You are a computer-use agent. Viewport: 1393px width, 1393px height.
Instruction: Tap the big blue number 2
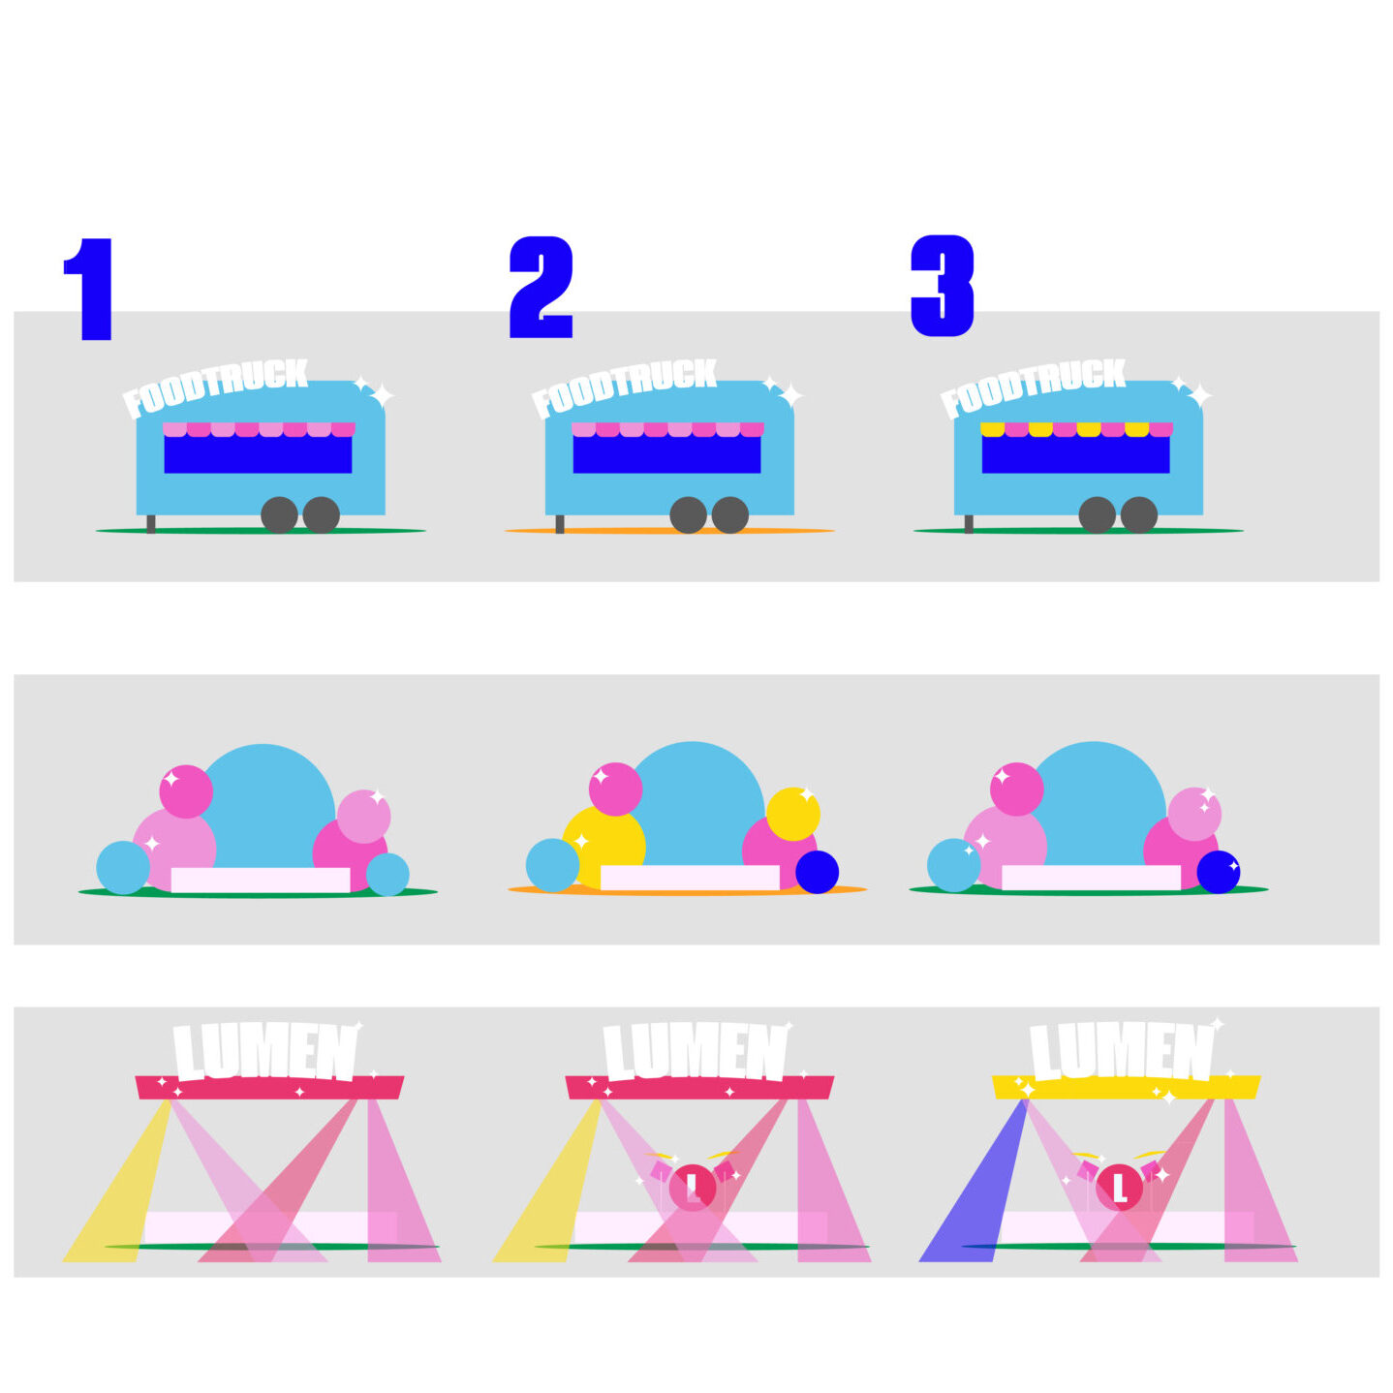click(541, 287)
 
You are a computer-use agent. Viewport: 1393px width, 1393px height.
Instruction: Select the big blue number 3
click(943, 287)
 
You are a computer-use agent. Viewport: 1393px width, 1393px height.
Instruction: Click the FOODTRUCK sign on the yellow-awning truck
click(1034, 387)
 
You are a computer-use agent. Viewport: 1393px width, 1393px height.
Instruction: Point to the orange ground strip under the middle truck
click(669, 531)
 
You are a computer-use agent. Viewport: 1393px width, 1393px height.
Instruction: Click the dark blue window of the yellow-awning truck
click(1075, 453)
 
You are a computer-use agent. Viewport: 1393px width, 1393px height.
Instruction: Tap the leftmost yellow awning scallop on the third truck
click(993, 429)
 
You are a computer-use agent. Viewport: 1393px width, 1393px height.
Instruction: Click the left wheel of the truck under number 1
click(280, 515)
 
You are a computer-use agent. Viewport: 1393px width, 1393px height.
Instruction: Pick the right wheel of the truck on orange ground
click(730, 515)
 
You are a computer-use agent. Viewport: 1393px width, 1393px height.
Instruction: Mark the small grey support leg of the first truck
click(151, 524)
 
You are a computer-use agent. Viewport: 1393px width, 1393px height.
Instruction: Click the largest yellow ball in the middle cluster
click(604, 848)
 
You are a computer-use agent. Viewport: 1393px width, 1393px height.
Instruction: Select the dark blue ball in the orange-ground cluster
click(818, 872)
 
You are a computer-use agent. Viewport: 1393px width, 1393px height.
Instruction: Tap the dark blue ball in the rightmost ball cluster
click(1219, 872)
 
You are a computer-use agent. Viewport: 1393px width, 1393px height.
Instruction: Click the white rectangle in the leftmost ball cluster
click(261, 880)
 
